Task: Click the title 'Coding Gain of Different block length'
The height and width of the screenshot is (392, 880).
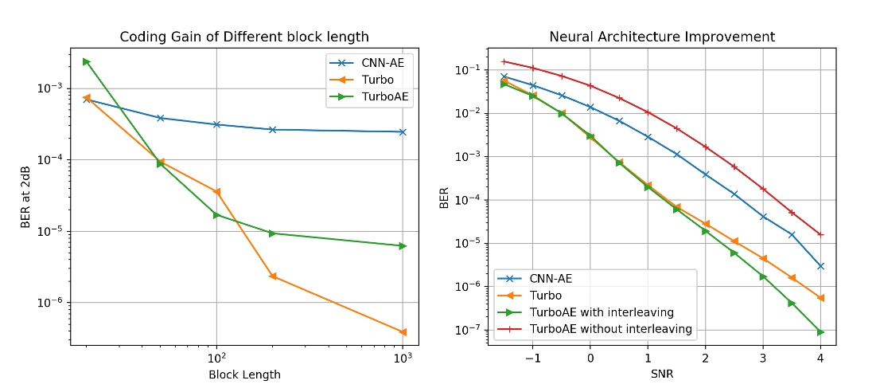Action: [x=245, y=37]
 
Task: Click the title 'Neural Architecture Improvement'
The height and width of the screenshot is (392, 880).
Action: [x=662, y=37]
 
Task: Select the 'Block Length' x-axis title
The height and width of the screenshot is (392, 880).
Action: [x=244, y=374]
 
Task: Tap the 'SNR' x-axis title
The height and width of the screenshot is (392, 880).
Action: [x=662, y=374]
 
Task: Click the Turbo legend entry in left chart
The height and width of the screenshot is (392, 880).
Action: [x=375, y=80]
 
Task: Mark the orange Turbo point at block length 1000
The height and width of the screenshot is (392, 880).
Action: [x=403, y=332]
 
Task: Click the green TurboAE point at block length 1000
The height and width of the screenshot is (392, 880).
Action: [x=403, y=245]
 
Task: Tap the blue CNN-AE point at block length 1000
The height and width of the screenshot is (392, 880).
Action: [x=403, y=132]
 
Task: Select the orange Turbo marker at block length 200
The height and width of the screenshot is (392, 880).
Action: [x=273, y=276]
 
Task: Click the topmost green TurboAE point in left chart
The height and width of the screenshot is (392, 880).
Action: [x=86, y=61]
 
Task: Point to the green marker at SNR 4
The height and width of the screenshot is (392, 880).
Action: [x=820, y=332]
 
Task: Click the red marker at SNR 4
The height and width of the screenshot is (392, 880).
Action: [x=820, y=235]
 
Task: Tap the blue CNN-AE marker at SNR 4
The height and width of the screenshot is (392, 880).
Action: [x=820, y=266]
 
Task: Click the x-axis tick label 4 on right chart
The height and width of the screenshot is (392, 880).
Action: [x=820, y=359]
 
